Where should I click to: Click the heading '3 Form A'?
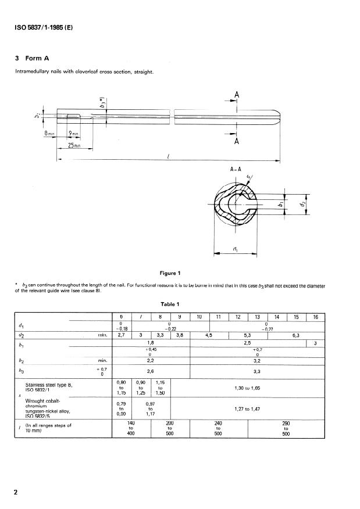tap(36, 58)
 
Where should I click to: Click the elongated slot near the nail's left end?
tap(74, 116)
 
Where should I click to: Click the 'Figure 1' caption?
tap(172, 273)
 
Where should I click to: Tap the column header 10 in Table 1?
tap(199, 317)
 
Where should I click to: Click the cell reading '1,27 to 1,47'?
tap(247, 408)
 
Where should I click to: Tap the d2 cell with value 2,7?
tap(123, 335)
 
